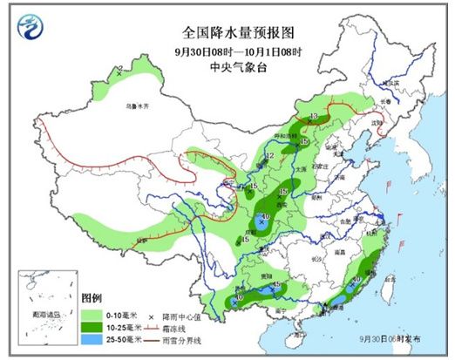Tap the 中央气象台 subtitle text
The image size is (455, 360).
pyautogui.click(x=227, y=65)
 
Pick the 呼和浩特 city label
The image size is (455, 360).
pyautogui.click(x=289, y=136)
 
